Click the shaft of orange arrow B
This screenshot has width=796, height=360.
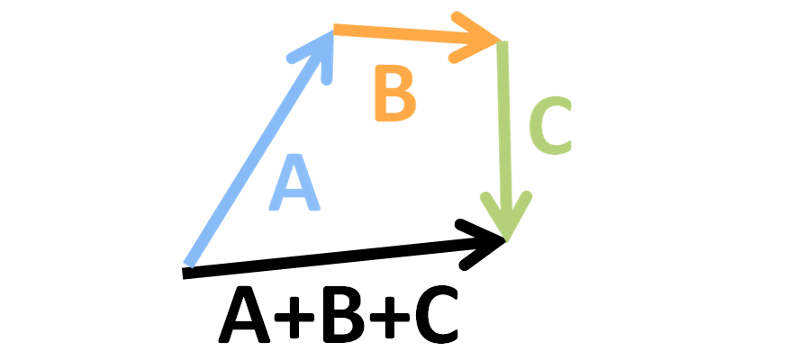(405, 35)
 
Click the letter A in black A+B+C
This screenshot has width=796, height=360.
(245, 317)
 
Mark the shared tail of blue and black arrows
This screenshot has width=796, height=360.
(187, 268)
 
